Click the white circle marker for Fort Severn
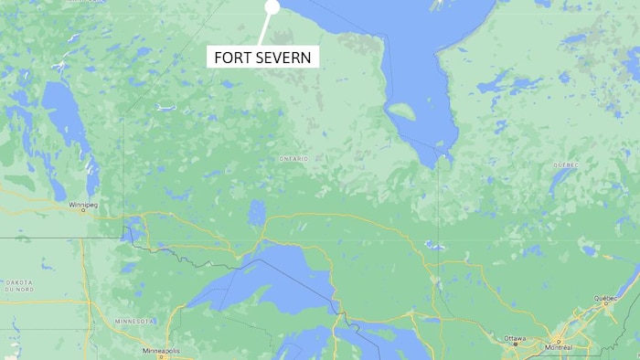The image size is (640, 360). coord(272,7)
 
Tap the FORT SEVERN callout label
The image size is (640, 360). coord(262,58)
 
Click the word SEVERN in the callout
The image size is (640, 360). coord(286,58)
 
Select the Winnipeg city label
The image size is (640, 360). coord(82,205)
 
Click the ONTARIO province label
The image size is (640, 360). coord(293,159)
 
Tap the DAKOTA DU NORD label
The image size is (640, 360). coord(19,286)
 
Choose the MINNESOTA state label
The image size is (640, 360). coord(134,322)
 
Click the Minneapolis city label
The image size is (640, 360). coord(162,351)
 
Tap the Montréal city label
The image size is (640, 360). coord(558,348)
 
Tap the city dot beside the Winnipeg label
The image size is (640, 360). coord(83,212)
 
